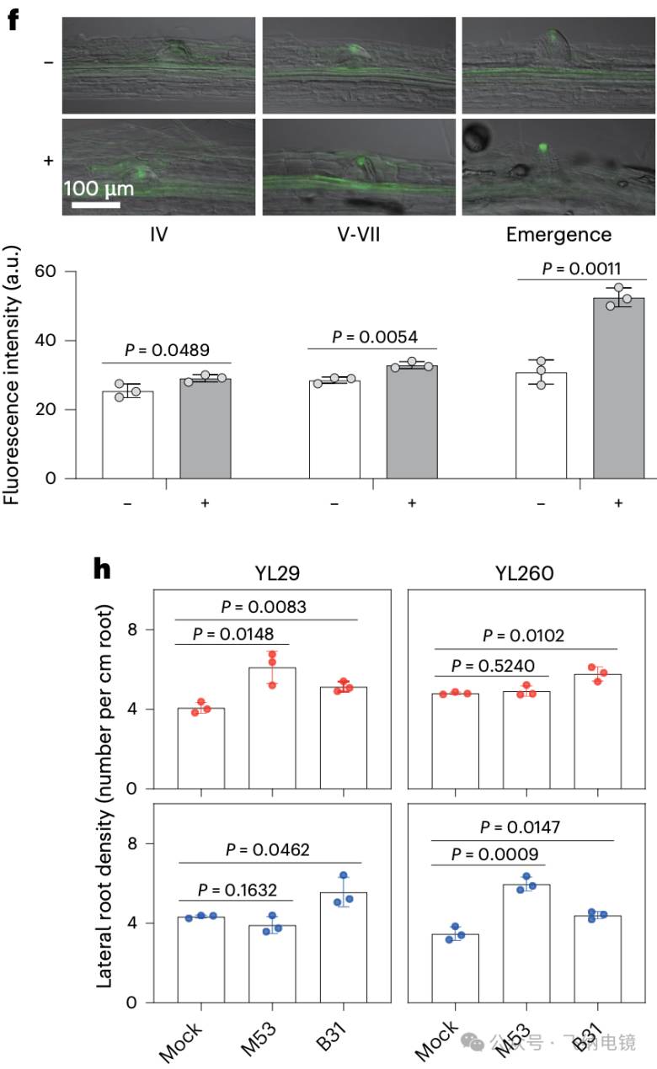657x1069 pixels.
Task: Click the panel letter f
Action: point(13,20)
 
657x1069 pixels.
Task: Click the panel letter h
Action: point(102,569)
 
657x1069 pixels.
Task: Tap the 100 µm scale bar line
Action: point(96,205)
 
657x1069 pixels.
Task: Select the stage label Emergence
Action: point(558,235)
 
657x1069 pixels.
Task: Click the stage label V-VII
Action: point(359,235)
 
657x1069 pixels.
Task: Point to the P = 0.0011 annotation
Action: point(581,269)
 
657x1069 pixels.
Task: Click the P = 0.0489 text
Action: point(167,350)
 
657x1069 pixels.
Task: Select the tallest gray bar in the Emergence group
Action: point(618,388)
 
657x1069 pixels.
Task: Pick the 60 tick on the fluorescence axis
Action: point(45,271)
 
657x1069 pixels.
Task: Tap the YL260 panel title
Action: point(524,573)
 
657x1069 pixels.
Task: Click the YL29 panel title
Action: point(277,573)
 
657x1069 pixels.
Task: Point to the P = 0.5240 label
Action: point(493,666)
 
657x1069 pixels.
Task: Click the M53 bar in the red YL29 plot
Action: point(272,728)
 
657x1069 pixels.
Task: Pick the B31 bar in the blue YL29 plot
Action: point(344,947)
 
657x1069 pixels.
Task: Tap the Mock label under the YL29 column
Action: point(180,1042)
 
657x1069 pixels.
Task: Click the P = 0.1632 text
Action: point(238,890)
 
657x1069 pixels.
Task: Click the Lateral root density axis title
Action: point(104,796)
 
